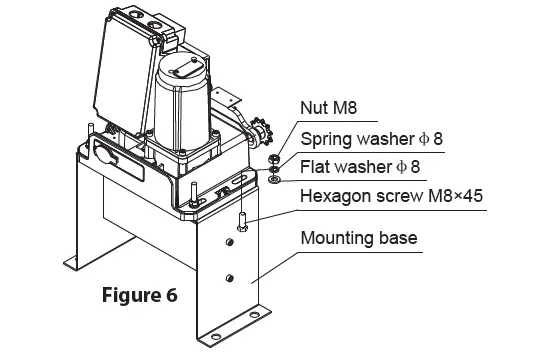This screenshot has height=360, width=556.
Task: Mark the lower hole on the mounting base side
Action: pos(231,277)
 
